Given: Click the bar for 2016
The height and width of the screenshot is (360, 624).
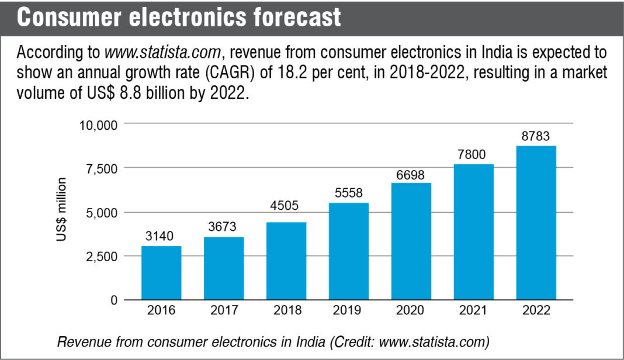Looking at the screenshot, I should (x=161, y=273).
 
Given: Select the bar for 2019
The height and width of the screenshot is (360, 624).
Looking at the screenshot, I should (x=349, y=251).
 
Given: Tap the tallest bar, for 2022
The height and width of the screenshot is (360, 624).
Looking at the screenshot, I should (x=536, y=223).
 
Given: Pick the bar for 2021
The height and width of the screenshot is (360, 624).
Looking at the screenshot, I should (x=473, y=232).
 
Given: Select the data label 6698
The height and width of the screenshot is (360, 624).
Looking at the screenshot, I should (x=411, y=174).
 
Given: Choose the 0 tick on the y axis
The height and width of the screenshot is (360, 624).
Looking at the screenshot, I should (x=114, y=300).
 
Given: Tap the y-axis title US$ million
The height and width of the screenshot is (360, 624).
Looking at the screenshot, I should (x=61, y=212).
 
